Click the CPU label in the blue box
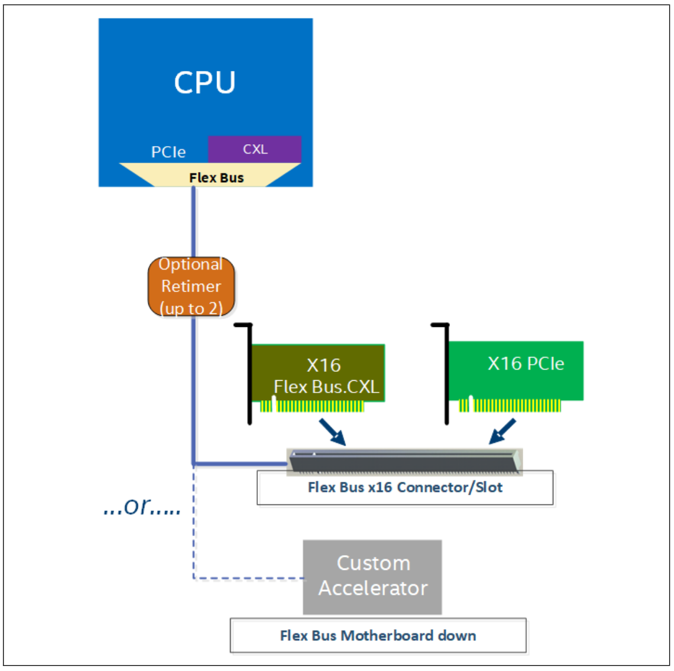point(205,82)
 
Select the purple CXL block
point(255,149)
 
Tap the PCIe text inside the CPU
point(168,152)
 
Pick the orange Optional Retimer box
point(191,286)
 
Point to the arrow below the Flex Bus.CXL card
point(332,432)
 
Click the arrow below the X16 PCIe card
point(503,432)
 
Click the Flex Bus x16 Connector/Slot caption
point(405,488)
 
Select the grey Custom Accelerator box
point(372,576)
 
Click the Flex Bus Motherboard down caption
point(378,636)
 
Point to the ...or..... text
point(142,507)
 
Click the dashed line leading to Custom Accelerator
point(248,578)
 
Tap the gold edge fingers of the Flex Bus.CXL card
point(313,406)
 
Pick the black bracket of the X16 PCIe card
point(447,372)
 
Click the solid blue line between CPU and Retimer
point(193,222)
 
